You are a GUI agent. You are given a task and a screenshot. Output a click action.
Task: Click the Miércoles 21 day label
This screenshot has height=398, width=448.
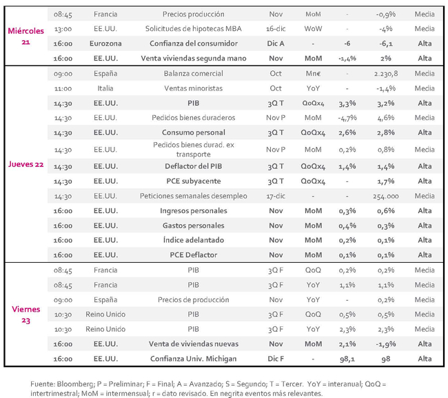(26, 37)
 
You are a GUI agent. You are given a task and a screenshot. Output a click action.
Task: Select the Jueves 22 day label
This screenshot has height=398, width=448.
(26, 164)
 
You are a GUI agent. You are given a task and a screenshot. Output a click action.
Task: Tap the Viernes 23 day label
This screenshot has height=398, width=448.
(26, 315)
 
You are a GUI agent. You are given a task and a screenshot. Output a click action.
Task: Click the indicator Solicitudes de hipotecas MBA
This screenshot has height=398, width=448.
(194, 28)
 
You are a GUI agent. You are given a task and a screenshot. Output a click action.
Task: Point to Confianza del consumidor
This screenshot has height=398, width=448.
(194, 43)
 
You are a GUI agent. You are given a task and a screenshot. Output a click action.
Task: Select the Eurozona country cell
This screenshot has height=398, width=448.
(105, 43)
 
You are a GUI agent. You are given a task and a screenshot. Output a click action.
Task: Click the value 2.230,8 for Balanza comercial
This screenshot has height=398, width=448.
(386, 74)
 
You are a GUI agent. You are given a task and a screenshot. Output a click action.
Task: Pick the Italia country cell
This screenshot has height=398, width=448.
(105, 88)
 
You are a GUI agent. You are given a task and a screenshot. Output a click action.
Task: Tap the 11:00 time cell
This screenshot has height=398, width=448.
(63, 88)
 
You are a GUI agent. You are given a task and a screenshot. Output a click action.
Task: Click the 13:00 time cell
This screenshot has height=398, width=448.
(63, 29)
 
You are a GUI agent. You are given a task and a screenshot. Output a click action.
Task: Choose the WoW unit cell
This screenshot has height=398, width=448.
(313, 28)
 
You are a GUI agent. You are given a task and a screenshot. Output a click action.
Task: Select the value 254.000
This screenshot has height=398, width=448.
(386, 196)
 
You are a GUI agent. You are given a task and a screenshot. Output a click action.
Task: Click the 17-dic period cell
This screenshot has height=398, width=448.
(276, 196)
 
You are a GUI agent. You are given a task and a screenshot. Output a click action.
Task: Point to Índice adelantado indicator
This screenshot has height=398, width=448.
(194, 240)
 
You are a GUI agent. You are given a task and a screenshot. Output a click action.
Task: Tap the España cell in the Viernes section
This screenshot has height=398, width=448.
(105, 299)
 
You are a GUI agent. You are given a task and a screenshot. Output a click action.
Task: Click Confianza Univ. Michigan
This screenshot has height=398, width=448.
(194, 359)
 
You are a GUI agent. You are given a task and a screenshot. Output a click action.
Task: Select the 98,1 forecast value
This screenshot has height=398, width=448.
(347, 359)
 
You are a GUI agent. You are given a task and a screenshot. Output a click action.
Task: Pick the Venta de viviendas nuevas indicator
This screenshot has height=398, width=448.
(194, 344)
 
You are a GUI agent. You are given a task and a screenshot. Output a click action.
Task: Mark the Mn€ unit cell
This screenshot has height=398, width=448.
(313, 74)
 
